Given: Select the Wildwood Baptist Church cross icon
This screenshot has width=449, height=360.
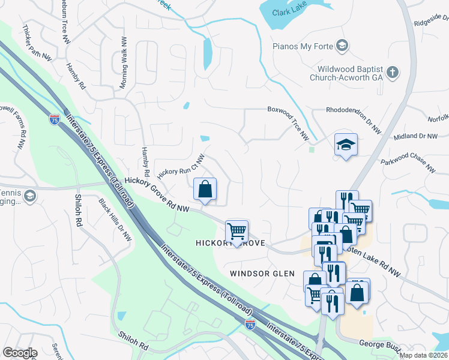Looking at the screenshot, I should coord(393,73).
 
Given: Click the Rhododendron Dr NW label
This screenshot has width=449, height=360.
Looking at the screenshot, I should coord(353,119).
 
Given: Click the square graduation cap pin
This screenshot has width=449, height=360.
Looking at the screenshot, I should coord(346,145).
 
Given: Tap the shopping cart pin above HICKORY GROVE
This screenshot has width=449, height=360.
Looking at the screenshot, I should coord(237,231).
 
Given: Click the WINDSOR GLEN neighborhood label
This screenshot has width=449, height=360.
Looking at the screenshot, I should coord(262,274).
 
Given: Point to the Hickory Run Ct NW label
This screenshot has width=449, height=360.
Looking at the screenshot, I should coord(181,166).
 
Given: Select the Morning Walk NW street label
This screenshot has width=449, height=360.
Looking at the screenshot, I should coord(124,63).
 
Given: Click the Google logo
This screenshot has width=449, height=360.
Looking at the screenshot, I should coord(20,352).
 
